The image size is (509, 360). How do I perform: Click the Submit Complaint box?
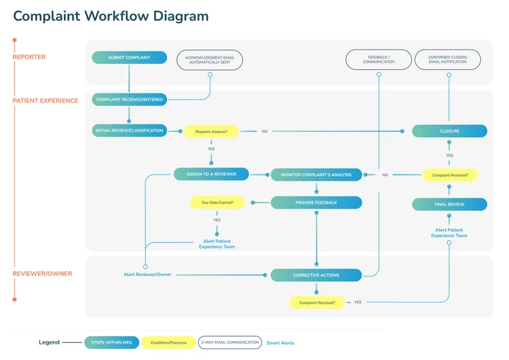(128, 58)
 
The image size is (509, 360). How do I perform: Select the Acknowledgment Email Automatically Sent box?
(210, 60)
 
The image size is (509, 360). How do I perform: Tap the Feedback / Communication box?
(379, 60)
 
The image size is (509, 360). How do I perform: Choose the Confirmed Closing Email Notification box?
(447, 60)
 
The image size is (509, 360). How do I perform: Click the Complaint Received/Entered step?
(129, 100)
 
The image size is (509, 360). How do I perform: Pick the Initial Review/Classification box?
(129, 130)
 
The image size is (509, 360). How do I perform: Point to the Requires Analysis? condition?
(211, 131)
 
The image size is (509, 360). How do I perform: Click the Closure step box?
(449, 131)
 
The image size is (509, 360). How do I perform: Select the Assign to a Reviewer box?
(211, 175)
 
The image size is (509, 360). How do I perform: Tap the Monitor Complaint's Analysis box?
(316, 175)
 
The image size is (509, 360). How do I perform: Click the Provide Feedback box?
(316, 202)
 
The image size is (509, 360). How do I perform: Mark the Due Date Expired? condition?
(216, 202)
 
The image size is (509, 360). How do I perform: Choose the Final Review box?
(449, 204)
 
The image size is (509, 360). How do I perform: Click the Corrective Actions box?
(316, 275)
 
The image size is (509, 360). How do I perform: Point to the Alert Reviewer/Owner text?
(147, 274)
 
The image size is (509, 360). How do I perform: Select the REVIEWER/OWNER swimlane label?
(42, 274)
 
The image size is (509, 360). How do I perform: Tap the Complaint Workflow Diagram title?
(111, 16)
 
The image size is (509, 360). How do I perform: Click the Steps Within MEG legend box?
(111, 343)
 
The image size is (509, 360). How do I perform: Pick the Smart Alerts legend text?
(280, 343)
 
